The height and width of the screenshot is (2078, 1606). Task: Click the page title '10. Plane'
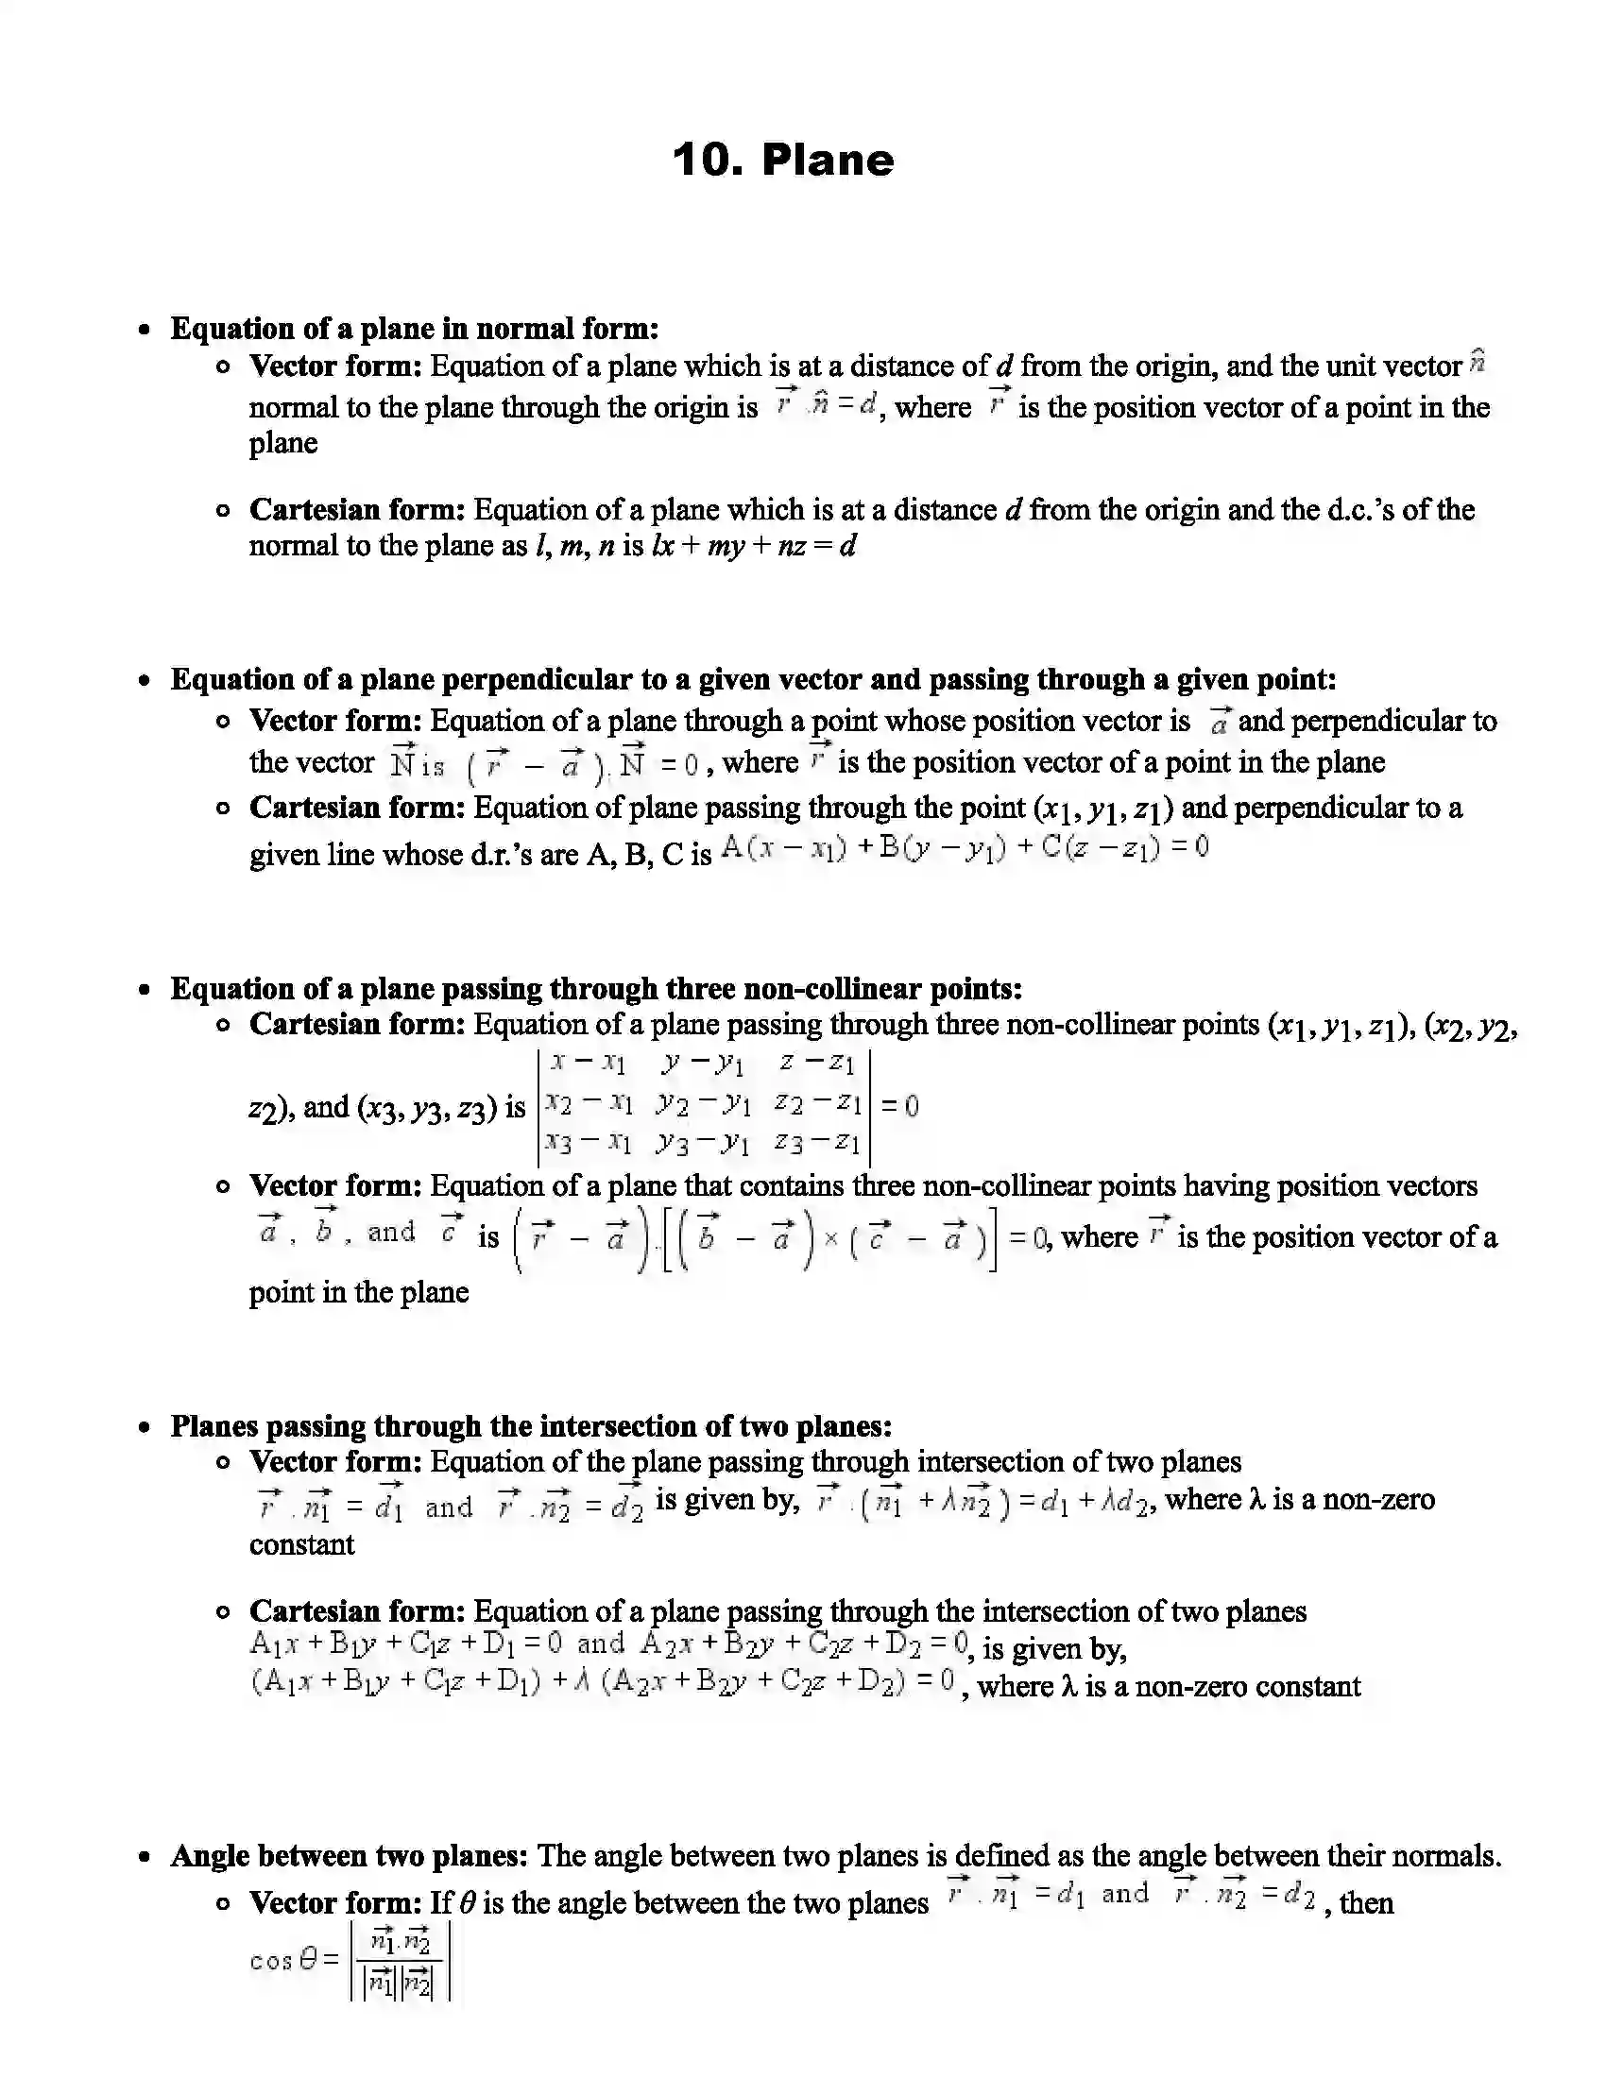point(783,160)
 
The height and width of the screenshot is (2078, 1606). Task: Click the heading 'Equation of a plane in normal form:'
point(414,330)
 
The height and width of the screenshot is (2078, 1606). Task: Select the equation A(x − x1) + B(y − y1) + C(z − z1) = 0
point(964,848)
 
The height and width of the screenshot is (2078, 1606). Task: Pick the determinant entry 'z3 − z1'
point(817,1142)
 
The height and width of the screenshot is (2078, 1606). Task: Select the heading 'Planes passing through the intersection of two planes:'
point(530,1426)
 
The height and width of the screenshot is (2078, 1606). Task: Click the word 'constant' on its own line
point(301,1544)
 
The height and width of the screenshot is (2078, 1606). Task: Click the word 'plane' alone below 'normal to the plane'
point(282,444)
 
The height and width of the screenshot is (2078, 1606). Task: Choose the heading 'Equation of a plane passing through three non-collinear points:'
point(595,990)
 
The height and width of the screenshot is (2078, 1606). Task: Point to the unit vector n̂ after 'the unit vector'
point(1477,363)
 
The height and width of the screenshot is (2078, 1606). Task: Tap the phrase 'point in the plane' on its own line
point(359,1292)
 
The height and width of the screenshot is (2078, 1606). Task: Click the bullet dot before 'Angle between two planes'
point(144,1857)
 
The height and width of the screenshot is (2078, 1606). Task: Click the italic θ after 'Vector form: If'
point(466,1903)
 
